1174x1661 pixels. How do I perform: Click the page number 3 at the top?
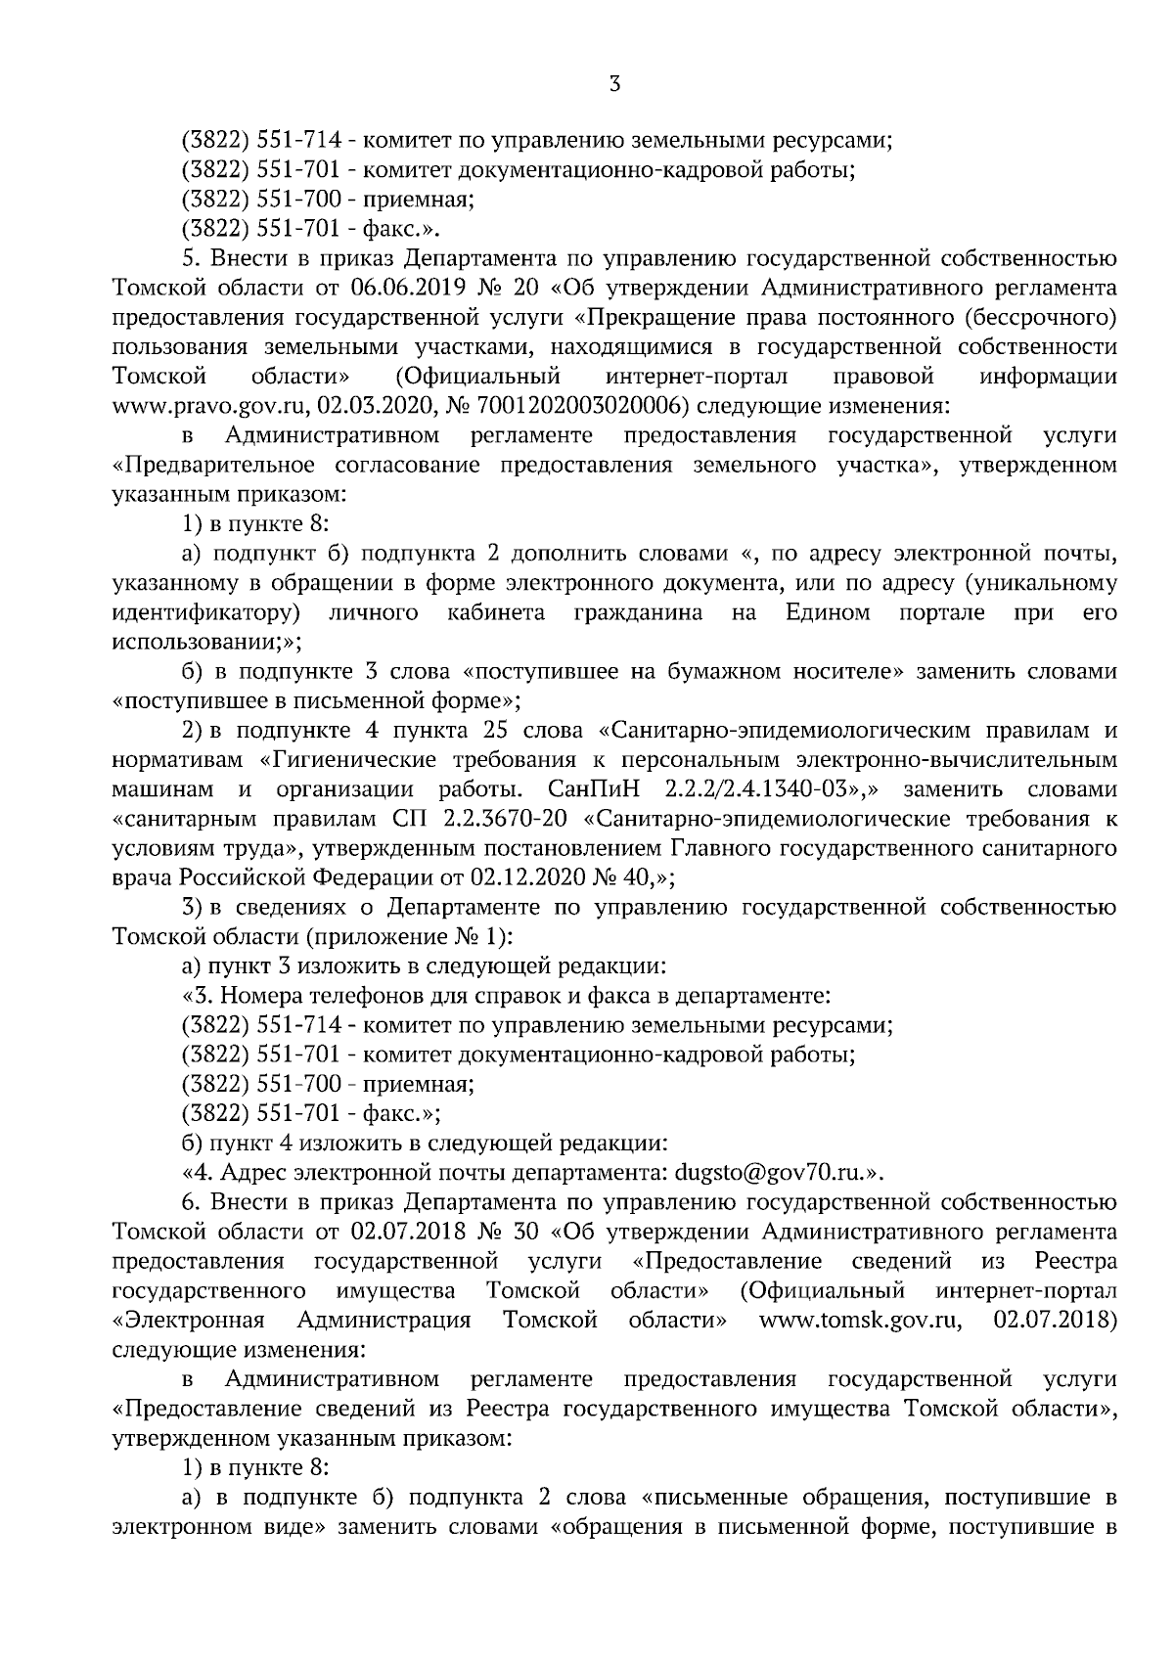614,85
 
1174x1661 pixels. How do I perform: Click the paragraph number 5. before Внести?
191,260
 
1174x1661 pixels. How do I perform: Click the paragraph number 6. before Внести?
191,1202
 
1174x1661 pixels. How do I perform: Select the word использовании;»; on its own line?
207,643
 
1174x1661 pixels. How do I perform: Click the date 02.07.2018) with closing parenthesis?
1055,1320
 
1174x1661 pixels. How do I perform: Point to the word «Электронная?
189,1320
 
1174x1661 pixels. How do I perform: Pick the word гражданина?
637,613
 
